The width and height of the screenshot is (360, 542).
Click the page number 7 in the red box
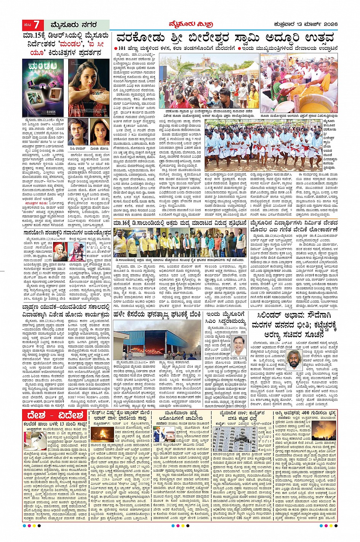click(37, 25)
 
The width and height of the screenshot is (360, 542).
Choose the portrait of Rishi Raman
click(78, 132)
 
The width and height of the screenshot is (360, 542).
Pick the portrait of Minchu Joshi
click(99, 132)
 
